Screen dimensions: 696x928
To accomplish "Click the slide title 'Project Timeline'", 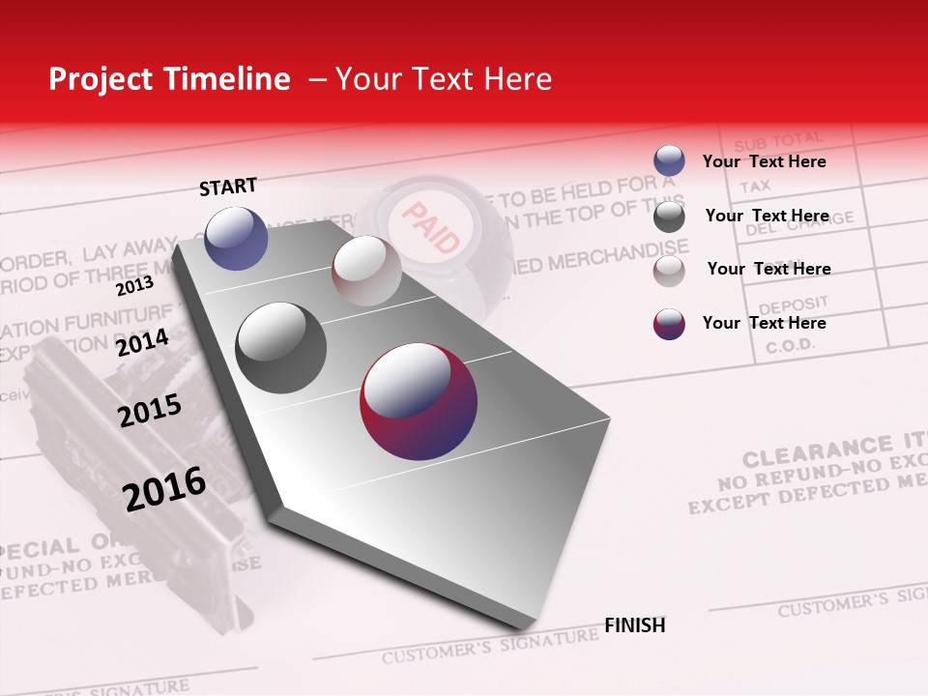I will [169, 79].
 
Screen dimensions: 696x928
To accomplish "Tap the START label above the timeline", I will [228, 187].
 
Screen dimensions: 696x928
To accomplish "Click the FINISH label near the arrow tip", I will [635, 625].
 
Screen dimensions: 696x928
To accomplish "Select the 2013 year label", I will [134, 286].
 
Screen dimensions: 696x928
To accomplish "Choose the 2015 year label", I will [150, 411].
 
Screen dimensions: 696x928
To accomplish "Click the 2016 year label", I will [164, 488].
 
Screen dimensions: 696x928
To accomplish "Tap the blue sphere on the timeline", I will [237, 238].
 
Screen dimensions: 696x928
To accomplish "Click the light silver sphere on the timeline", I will [366, 271].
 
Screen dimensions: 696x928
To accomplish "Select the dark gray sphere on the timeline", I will [281, 348].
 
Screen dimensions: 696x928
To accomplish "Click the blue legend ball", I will [669, 161].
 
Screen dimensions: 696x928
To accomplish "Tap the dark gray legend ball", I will [669, 217].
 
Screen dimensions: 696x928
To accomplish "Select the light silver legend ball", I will [669, 271].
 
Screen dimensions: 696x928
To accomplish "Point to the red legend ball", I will [669, 324].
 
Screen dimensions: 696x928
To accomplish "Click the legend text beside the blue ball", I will [764, 161].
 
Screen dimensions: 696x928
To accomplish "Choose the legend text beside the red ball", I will [764, 323].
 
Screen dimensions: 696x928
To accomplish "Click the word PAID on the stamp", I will [430, 228].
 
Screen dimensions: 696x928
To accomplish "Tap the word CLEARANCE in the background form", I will [804, 452].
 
